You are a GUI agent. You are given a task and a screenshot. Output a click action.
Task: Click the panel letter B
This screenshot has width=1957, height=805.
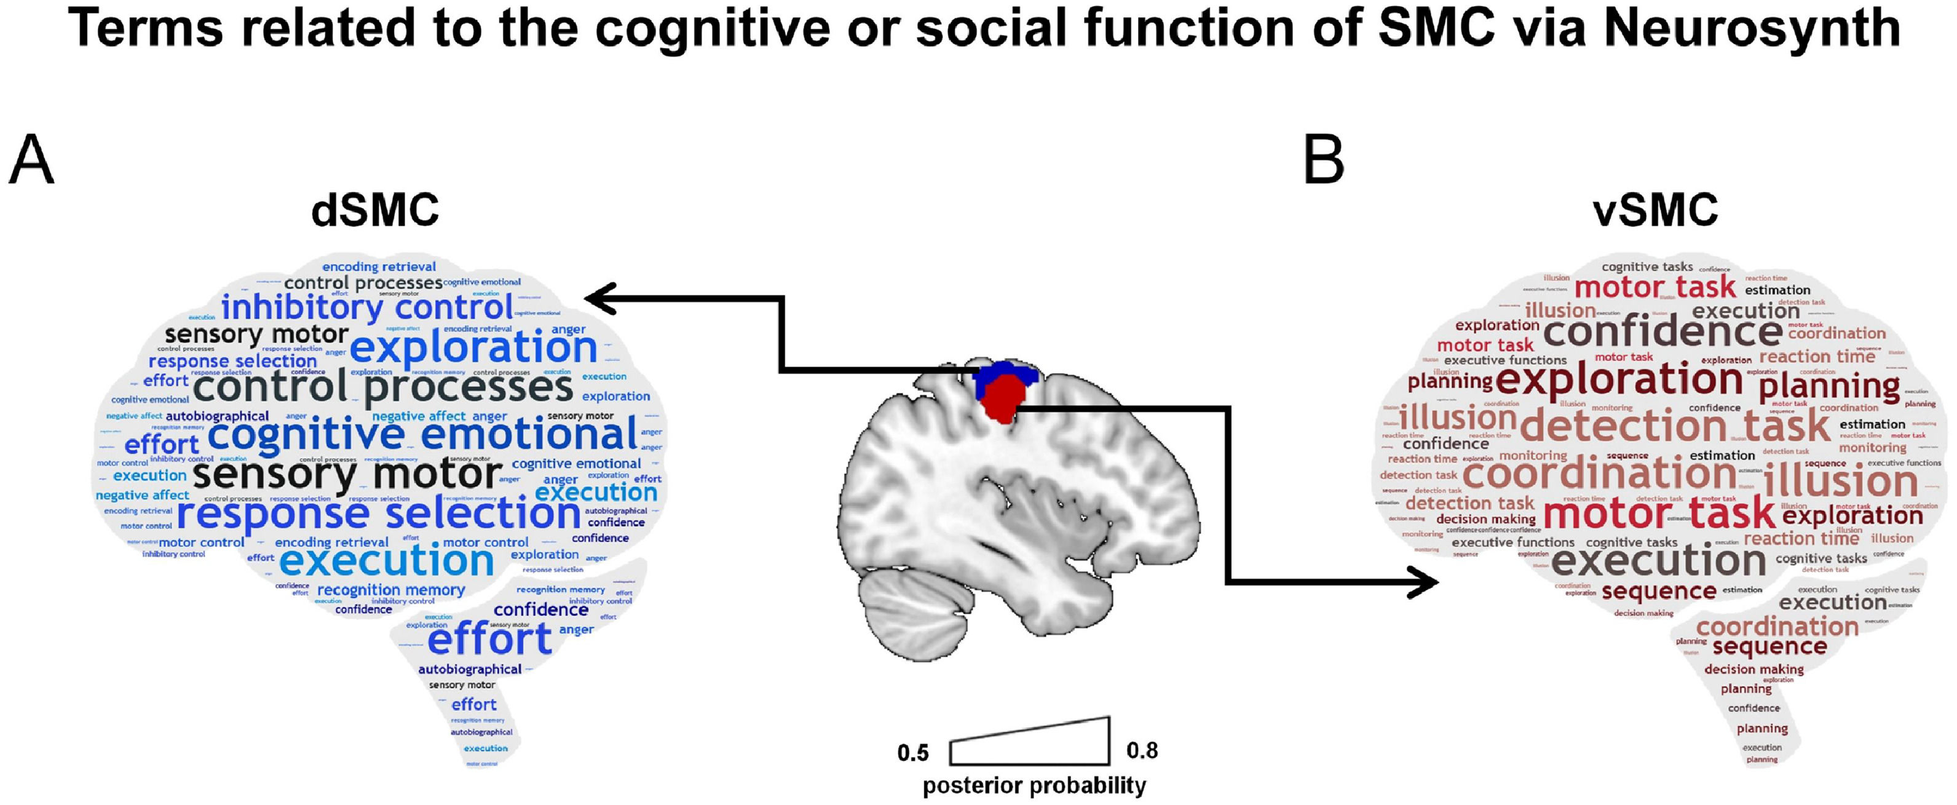[1324, 161]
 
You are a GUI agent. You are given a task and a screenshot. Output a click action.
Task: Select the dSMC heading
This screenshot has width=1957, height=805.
[375, 210]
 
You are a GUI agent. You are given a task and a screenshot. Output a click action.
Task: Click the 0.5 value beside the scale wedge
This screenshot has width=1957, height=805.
[913, 753]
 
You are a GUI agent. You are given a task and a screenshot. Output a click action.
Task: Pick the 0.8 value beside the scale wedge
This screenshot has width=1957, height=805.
[1142, 750]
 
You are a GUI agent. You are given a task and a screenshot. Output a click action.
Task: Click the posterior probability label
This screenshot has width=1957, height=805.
[1034, 785]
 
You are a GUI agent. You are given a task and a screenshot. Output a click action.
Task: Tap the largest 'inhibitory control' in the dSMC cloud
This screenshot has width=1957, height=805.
[368, 307]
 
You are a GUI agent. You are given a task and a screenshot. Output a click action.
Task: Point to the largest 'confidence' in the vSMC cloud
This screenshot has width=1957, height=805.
[1663, 331]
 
